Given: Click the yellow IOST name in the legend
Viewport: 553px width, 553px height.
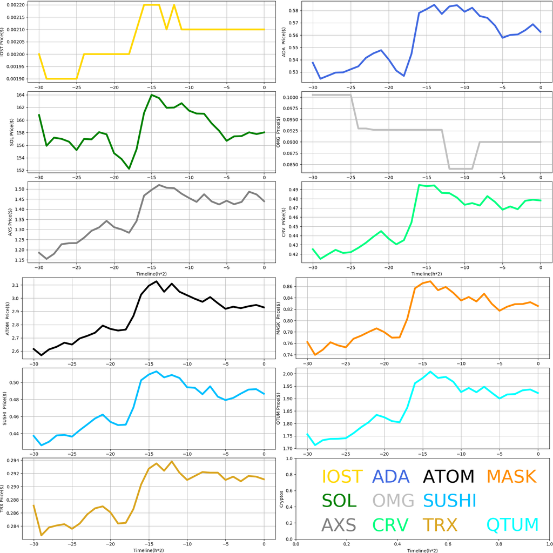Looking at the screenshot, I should pos(342,477).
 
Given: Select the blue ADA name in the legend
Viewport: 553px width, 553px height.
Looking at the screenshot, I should pos(392,477).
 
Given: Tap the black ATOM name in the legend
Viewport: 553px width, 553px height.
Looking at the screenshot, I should pos(448,477).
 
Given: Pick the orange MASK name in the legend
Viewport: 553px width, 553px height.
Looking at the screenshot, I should pos(511,477).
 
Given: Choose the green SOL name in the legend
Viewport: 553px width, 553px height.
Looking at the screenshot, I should pos(339,501).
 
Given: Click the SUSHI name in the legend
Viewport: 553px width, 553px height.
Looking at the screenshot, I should pos(449,501).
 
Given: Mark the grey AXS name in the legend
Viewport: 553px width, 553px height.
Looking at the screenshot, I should pos(339,525).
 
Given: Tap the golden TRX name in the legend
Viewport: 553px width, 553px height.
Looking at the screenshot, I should pos(440,525).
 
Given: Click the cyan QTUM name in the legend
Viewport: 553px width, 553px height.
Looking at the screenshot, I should pos(512,525).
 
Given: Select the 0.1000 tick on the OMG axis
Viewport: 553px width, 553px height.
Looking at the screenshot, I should pos(291,98).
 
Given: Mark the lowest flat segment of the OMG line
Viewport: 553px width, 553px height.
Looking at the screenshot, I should pos(461,168).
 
